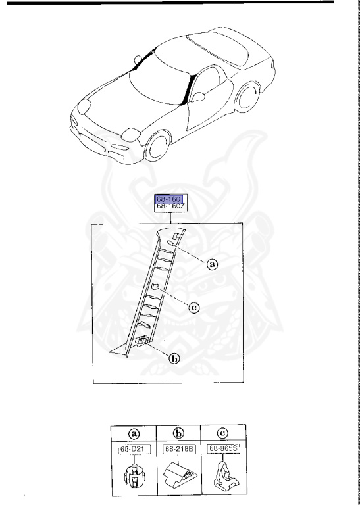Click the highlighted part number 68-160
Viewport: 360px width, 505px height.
coord(170,199)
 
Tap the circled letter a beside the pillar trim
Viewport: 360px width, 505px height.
coord(211,264)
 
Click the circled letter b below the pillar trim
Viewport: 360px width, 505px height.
coord(174,359)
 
